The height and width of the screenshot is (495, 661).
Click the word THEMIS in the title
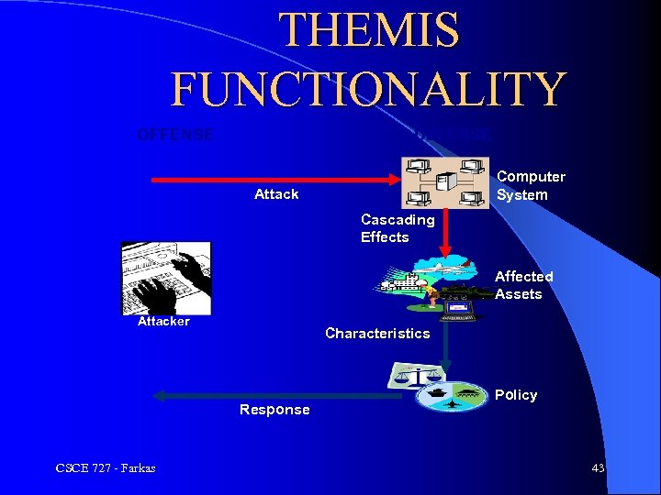point(369,29)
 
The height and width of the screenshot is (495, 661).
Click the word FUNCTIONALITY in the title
point(368,90)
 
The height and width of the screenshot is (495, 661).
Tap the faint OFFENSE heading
point(174,135)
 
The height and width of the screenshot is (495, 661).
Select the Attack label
point(276,194)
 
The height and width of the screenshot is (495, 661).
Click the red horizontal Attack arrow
point(275,181)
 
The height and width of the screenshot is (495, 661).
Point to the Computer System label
point(531,185)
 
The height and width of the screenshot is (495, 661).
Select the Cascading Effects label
point(398,228)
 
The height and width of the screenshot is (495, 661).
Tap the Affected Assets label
point(523,285)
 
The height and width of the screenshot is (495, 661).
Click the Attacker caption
point(163,322)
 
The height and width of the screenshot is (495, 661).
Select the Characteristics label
point(377,334)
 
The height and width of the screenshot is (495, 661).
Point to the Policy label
point(516,395)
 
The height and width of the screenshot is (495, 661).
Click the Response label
point(274,410)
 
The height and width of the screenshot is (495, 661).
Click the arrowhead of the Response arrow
point(158,396)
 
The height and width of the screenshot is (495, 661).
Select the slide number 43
point(598,468)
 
